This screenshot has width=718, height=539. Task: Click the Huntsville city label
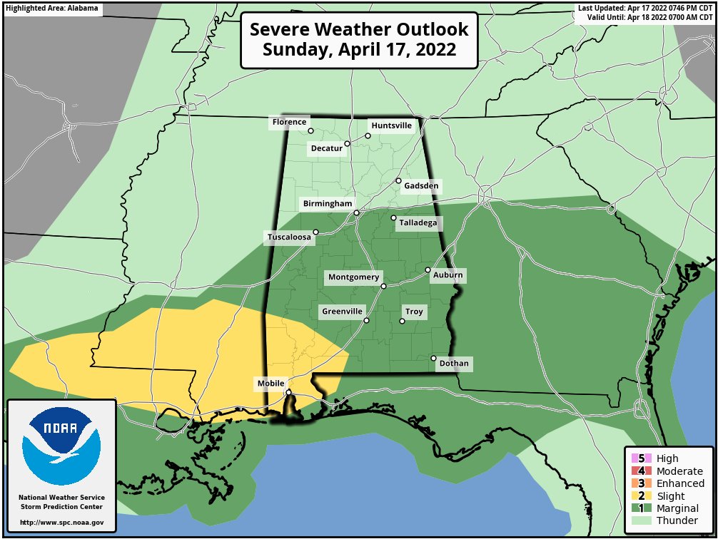click(x=392, y=125)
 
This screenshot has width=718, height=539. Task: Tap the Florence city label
click(x=289, y=123)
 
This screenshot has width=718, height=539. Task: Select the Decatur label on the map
click(x=326, y=149)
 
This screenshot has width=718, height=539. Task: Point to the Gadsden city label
click(x=421, y=187)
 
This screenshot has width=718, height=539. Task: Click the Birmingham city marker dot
click(x=356, y=212)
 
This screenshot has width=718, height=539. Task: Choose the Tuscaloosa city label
click(x=288, y=237)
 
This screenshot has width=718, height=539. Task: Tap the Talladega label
click(x=418, y=223)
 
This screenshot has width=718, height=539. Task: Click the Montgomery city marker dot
click(x=383, y=286)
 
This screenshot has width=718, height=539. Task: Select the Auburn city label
click(x=448, y=275)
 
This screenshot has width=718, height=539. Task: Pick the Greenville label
click(x=343, y=312)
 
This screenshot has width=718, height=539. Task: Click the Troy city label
click(x=414, y=312)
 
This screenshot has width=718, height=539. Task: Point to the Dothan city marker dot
click(x=433, y=358)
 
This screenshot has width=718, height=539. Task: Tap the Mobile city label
click(x=271, y=384)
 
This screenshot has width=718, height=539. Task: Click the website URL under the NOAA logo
click(x=62, y=523)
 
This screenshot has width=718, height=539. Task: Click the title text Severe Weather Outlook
click(x=359, y=30)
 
